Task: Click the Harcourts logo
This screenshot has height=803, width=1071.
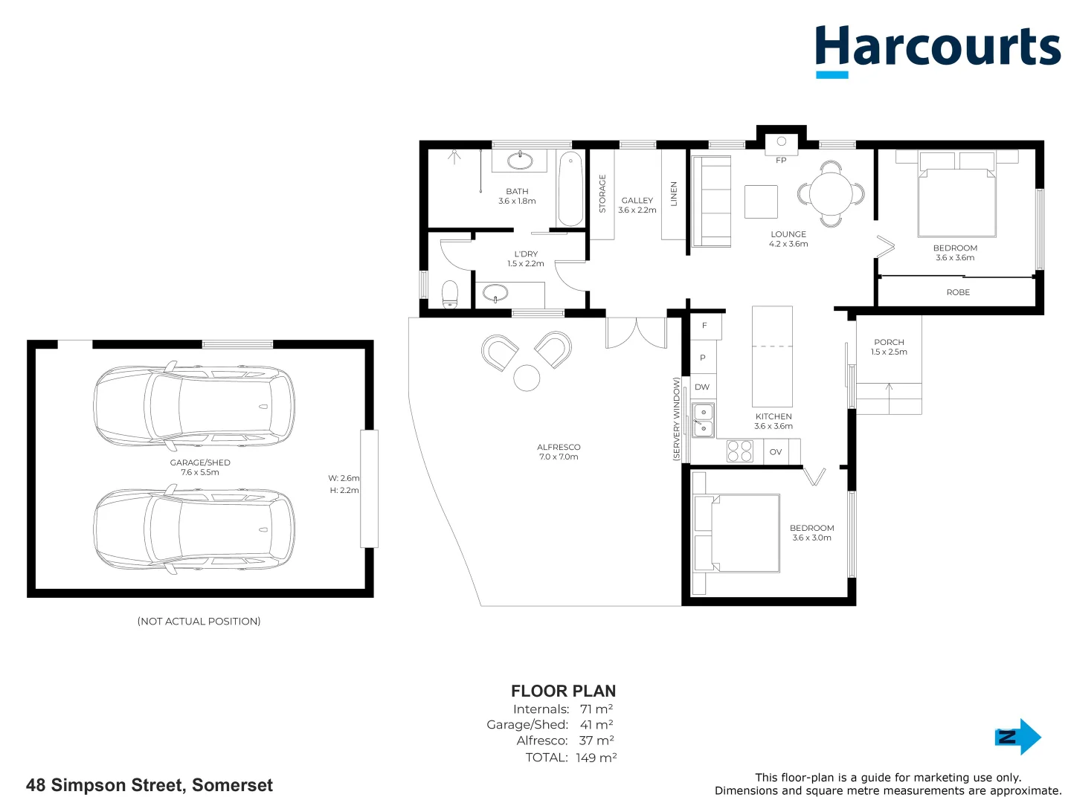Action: tap(937, 49)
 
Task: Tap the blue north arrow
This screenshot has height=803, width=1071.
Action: tap(1018, 737)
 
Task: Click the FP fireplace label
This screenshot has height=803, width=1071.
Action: tap(781, 161)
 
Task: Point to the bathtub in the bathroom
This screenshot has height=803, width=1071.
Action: tap(570, 189)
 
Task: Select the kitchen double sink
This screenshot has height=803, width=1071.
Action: tap(703, 420)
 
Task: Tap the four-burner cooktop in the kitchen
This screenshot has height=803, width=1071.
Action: tap(739, 451)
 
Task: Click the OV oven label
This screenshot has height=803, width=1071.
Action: tap(776, 452)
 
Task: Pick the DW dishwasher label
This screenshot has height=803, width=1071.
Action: tap(702, 387)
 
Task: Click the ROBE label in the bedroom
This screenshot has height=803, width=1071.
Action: tap(958, 292)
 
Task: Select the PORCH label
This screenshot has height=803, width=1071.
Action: tap(889, 343)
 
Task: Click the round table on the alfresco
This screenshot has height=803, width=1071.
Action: tap(527, 378)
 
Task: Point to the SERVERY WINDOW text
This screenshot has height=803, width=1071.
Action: tap(677, 419)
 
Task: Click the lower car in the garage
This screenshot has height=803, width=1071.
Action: tap(194, 530)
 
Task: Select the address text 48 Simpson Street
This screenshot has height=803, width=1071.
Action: tap(149, 785)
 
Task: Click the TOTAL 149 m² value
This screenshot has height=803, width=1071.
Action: tap(596, 758)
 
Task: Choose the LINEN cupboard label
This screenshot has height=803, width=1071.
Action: tap(674, 194)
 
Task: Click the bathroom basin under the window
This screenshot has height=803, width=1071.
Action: tap(520, 161)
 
